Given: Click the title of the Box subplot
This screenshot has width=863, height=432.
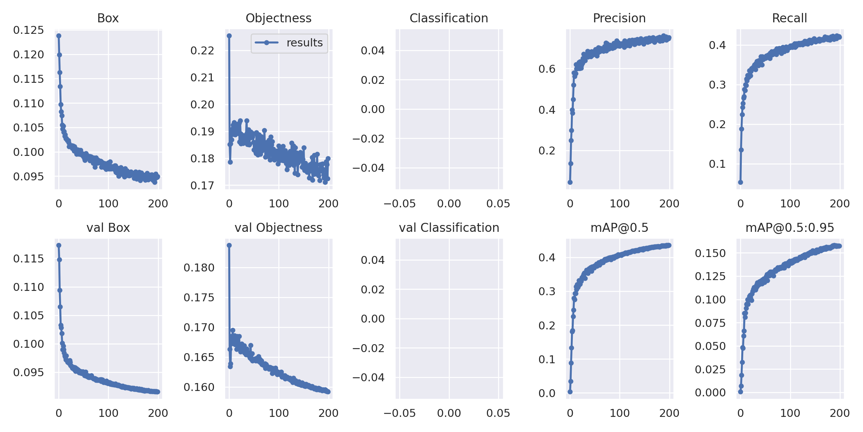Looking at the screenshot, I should pos(108,18).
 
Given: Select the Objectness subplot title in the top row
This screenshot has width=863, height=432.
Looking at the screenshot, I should pos(278,18).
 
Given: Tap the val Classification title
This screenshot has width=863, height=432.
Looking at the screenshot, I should pos(449,228).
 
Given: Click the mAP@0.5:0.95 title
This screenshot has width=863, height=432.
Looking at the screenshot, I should pos(790,228).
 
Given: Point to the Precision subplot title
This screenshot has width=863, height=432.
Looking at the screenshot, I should pos(619,18).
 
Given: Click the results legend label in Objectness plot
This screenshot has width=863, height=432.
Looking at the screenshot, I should pos(305,43).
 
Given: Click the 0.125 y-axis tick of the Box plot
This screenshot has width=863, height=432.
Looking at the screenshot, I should pos(28,30).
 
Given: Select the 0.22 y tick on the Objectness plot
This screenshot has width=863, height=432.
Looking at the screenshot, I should pos(202,50).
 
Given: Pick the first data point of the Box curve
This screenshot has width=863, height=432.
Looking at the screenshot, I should pos(59,36).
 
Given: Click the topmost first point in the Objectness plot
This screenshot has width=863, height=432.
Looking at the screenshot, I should pos(229,36).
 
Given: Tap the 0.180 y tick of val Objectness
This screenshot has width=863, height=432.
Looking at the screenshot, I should pos(199,268).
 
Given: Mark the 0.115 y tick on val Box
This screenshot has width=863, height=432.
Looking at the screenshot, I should pos(28,258).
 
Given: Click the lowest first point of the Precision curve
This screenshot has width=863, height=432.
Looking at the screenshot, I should pos(570,182).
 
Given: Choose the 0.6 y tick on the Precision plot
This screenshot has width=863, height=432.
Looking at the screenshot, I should pos(547,69).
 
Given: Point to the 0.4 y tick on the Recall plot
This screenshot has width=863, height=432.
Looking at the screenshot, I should pos(717,45).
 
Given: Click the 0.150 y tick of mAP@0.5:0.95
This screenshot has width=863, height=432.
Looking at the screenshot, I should pos(710,253).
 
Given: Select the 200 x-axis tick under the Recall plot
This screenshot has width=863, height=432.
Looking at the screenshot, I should pos(840,204).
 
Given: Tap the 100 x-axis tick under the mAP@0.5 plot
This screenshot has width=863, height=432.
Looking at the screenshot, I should pos(620,413).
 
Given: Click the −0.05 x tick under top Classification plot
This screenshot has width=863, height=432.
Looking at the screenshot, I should pos(399,204).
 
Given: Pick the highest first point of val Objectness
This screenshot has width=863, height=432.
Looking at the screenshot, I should pos(229,245).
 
